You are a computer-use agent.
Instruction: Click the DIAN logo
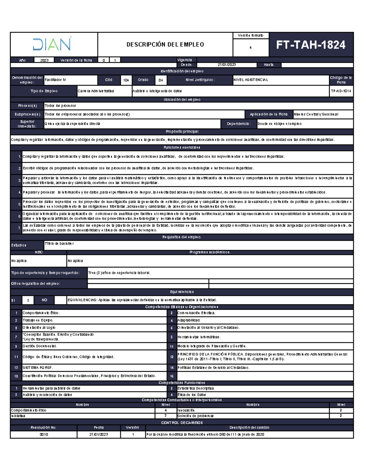[52, 44]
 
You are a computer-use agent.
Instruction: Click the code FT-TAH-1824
[310, 45]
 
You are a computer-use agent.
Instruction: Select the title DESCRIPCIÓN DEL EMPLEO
[165, 45]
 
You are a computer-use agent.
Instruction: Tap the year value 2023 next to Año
[44, 60]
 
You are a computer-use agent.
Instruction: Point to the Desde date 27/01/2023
[226, 65]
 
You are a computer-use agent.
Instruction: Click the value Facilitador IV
[56, 80]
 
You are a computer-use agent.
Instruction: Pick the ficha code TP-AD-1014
[341, 91]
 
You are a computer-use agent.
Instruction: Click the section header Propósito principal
[182, 132]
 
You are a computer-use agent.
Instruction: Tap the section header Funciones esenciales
[182, 147]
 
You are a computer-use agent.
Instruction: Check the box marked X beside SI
[28, 300]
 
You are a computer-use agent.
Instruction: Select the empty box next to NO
[60, 300]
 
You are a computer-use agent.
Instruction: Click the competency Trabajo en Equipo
[38, 320]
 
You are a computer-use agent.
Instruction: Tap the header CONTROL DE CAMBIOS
[182, 423]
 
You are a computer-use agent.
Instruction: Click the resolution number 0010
[44, 434]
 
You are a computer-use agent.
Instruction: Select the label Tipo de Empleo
[44, 91]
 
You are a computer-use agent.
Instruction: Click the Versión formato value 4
[250, 48]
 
